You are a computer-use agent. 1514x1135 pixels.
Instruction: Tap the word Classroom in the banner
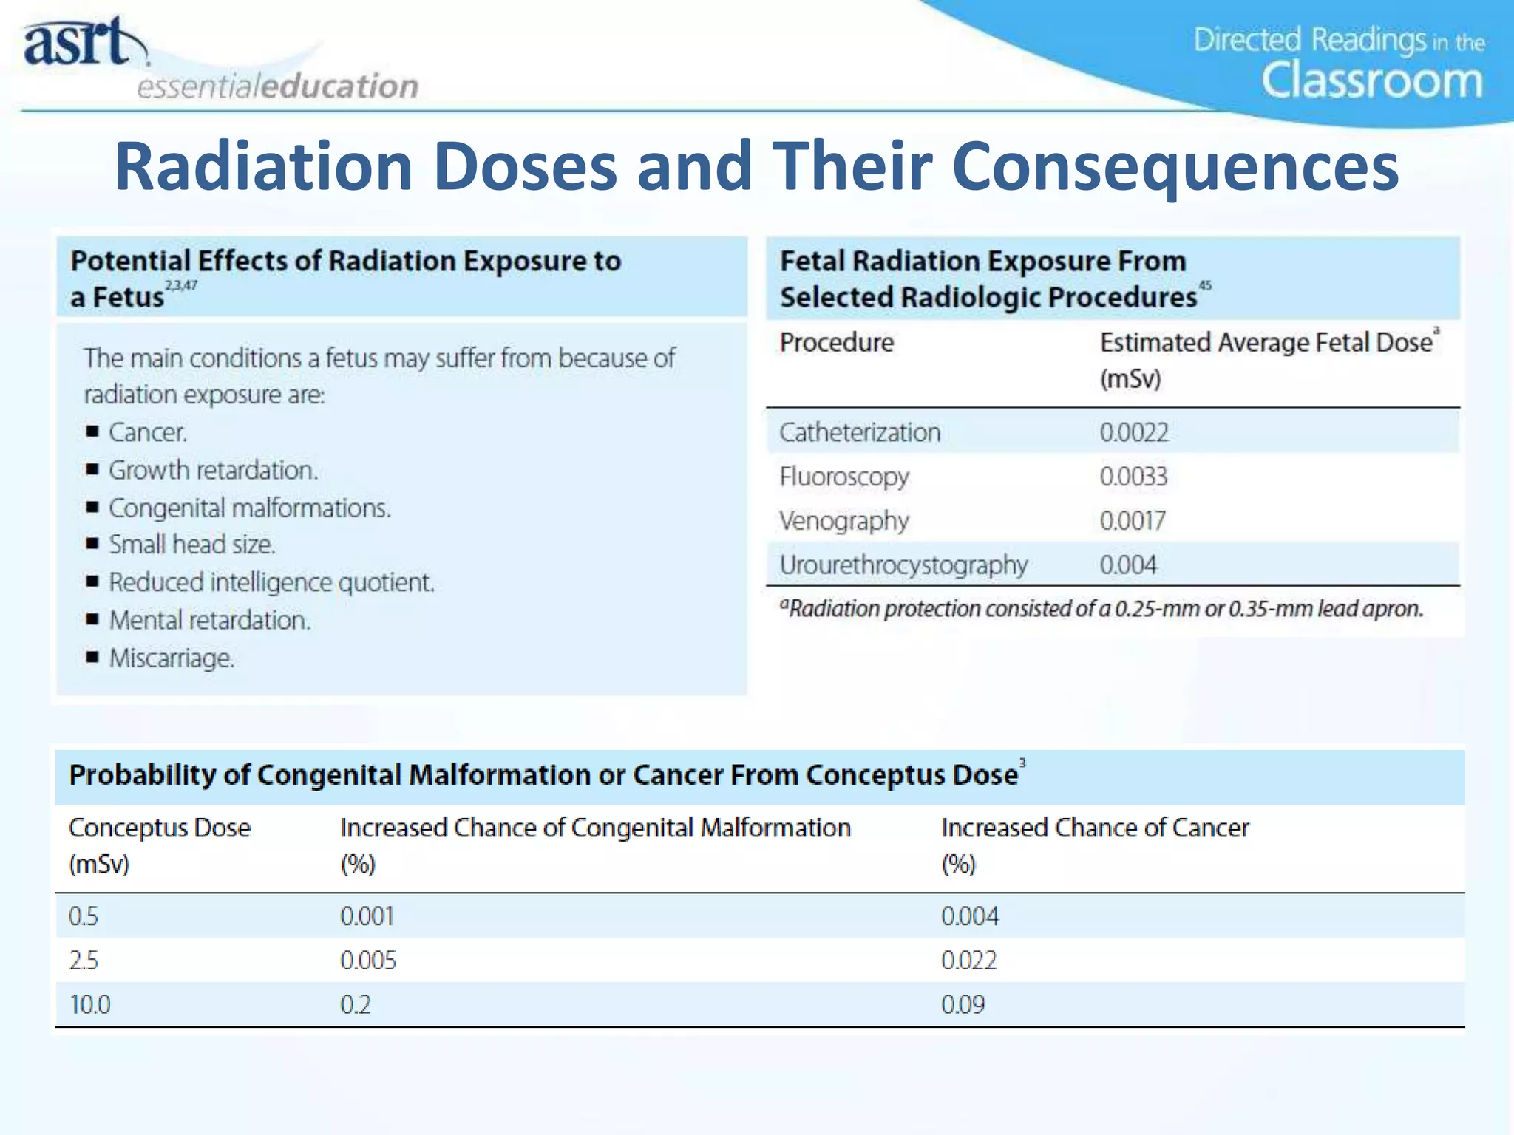click(x=1371, y=81)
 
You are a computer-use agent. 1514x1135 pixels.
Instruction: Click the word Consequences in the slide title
click(x=1175, y=167)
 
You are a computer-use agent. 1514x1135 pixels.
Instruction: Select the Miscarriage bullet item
click(x=172, y=658)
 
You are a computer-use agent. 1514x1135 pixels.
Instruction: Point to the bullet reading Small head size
click(x=192, y=545)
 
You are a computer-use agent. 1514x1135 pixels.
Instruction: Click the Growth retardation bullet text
click(x=213, y=470)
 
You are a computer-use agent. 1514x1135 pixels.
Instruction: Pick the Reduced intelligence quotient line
click(x=271, y=582)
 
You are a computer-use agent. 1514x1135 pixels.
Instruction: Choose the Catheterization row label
click(x=860, y=432)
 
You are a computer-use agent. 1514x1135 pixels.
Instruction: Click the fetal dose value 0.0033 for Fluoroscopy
click(x=1133, y=477)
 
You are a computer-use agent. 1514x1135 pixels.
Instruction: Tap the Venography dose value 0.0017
click(x=1133, y=521)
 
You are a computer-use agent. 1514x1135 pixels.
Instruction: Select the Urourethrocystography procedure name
click(x=903, y=565)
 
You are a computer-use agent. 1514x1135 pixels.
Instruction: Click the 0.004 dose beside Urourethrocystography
click(x=1127, y=565)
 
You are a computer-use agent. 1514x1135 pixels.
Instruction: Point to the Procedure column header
click(x=836, y=342)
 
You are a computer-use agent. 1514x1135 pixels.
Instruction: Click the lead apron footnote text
click(x=1101, y=609)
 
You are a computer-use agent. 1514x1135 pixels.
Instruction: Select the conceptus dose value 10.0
click(x=89, y=1005)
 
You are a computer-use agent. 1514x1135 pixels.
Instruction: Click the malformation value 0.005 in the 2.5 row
click(x=368, y=961)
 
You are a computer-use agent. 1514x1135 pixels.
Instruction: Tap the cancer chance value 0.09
click(x=963, y=1005)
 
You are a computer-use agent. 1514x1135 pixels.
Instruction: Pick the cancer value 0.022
click(x=968, y=961)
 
